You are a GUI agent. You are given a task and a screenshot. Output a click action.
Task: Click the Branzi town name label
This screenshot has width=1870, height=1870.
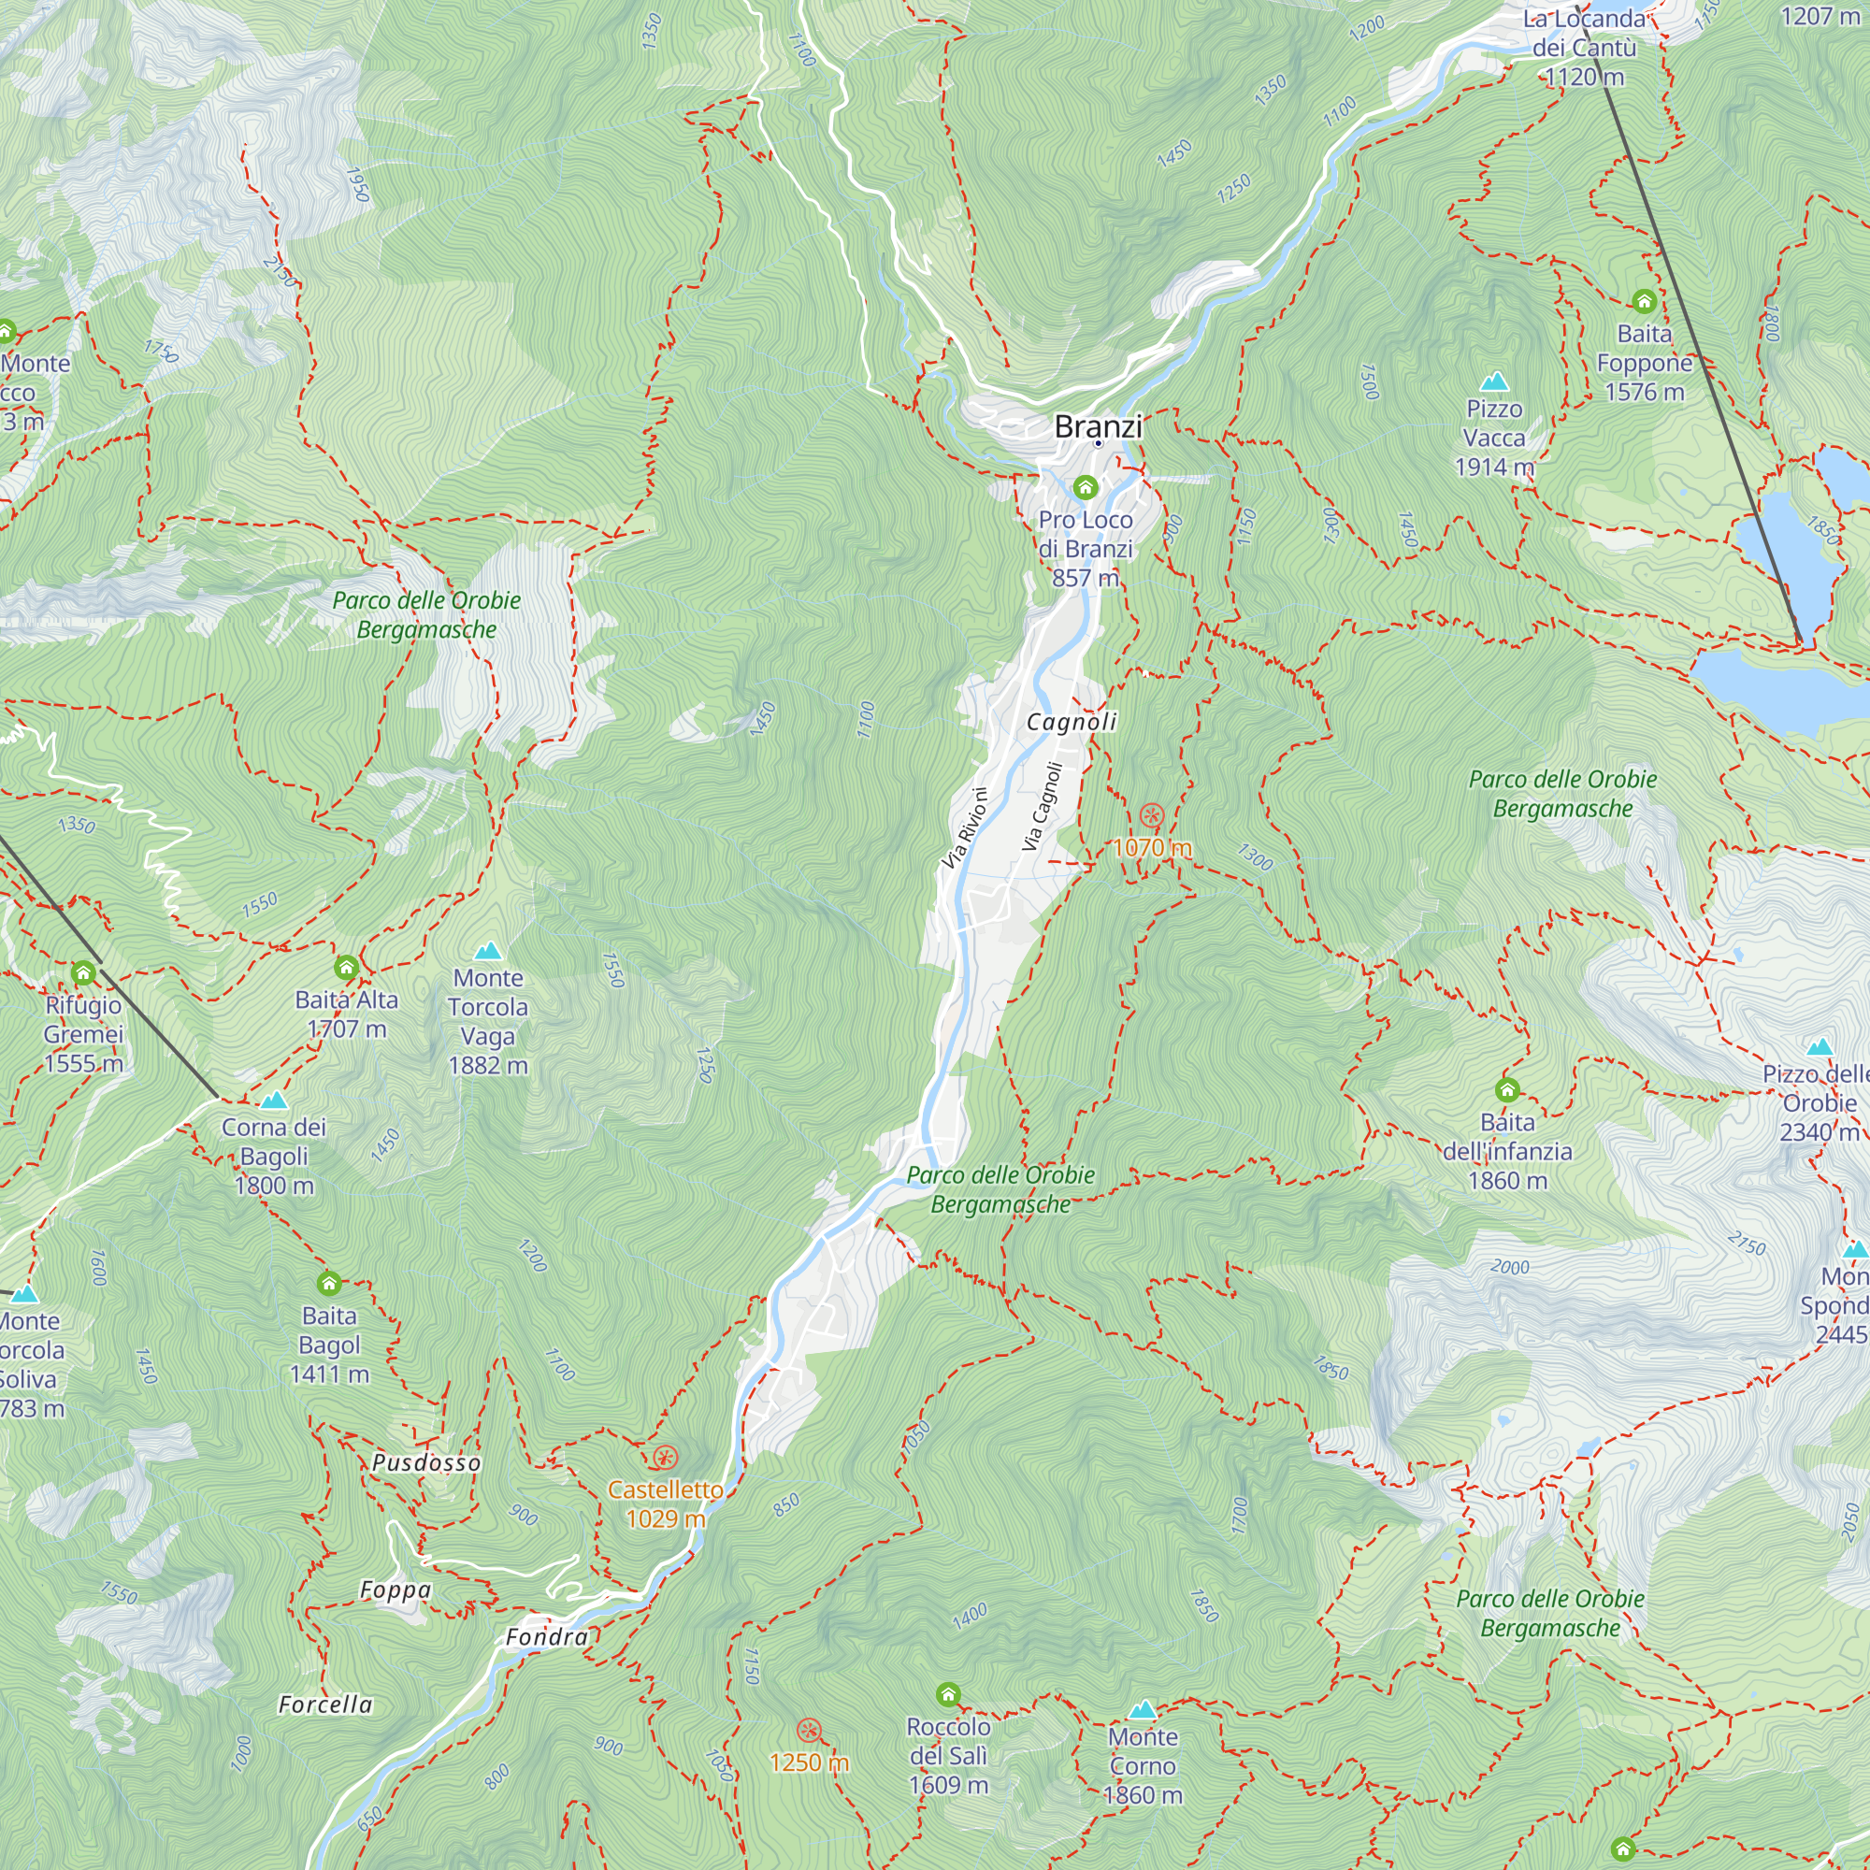pyautogui.click(x=1098, y=425)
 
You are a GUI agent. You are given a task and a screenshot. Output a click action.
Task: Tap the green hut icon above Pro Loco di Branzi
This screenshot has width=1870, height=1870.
pyautogui.click(x=1085, y=487)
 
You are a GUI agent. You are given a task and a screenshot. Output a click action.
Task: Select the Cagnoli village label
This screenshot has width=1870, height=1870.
pyautogui.click(x=1072, y=722)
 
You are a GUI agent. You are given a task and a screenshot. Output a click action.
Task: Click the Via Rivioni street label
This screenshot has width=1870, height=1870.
pyautogui.click(x=966, y=828)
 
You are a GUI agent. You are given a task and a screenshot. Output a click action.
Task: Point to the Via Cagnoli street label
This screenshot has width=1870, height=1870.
pyautogui.click(x=1043, y=807)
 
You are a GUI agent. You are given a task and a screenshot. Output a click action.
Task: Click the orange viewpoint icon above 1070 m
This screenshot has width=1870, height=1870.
pyautogui.click(x=1150, y=815)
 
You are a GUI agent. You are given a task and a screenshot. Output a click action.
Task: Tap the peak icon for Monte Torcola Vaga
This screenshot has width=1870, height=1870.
pyautogui.click(x=488, y=951)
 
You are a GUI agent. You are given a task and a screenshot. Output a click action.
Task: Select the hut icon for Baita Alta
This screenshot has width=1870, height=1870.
pyautogui.click(x=346, y=967)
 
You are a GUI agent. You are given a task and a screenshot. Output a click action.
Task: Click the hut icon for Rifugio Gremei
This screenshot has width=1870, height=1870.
pyautogui.click(x=83, y=972)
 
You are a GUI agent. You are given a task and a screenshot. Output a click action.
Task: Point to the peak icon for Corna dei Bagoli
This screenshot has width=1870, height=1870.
pyautogui.click(x=274, y=1100)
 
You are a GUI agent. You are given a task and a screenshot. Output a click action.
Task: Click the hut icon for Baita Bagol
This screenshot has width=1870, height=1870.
pyautogui.click(x=329, y=1284)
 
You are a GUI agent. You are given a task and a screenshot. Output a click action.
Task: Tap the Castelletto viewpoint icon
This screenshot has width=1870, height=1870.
pyautogui.click(x=664, y=1458)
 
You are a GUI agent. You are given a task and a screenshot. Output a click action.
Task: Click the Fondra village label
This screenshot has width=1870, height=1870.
pyautogui.click(x=547, y=1637)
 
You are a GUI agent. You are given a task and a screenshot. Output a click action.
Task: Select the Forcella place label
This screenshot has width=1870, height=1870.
pyautogui.click(x=325, y=1705)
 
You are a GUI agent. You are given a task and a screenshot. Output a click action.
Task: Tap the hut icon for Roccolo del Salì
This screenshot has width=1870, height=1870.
pyautogui.click(x=947, y=1694)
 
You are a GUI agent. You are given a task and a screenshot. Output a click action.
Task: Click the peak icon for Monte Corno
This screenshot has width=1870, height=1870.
pyautogui.click(x=1143, y=1708)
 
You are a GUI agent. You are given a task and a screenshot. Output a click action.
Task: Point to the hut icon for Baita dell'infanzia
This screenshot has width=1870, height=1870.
pyautogui.click(x=1506, y=1091)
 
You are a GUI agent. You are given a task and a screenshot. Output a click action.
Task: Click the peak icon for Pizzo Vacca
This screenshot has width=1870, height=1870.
pyautogui.click(x=1494, y=381)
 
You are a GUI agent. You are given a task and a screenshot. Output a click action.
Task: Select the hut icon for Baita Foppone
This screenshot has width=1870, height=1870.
pyautogui.click(x=1644, y=302)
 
